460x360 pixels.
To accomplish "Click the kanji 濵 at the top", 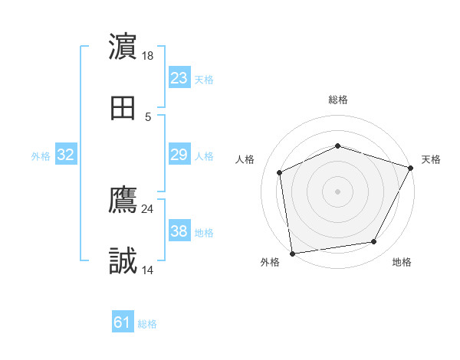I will (123, 47).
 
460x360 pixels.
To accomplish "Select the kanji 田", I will (123, 108).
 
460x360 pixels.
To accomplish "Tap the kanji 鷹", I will (123, 200).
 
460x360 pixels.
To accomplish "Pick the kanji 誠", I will (123, 261).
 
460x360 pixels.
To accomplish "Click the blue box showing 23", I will (179, 78).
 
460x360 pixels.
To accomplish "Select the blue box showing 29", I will (179, 155).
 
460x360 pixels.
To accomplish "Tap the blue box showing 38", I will (179, 231).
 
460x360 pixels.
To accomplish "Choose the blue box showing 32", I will (66, 155).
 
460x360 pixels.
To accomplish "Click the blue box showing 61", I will (123, 322).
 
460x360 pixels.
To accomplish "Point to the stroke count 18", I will (149, 56).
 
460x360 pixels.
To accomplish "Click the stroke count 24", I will (148, 208).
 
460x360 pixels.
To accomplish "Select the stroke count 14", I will (148, 270).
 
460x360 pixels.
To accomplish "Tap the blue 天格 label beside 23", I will (204, 79).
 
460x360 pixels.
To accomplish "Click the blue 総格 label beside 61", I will (147, 324).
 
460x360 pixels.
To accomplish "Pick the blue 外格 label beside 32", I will (41, 155).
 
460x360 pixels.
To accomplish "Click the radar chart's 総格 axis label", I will (337, 100).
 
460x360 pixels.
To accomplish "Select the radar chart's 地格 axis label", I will (402, 262).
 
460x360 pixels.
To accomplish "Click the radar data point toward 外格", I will (292, 253).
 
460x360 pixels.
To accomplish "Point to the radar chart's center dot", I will (337, 191).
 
